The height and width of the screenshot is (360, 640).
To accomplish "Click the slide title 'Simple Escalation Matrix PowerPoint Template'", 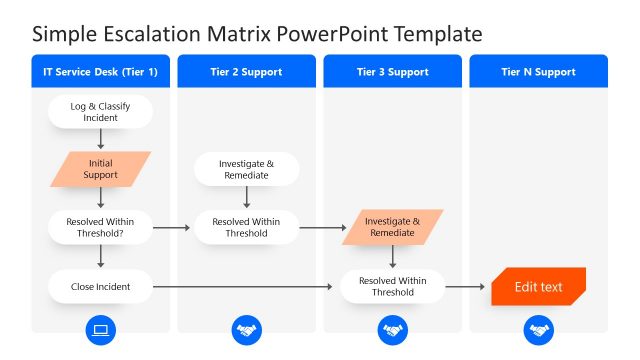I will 257,33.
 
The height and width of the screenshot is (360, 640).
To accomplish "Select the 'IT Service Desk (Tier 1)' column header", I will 101,72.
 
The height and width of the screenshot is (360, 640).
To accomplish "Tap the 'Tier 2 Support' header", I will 246,72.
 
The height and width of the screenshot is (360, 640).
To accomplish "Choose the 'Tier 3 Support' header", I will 392,72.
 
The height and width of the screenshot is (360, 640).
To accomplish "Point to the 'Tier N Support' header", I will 538,72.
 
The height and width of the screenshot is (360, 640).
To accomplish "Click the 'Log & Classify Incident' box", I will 101,112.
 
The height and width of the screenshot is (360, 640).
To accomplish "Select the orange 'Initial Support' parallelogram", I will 101,169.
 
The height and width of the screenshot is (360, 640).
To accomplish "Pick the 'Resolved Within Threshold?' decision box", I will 101,227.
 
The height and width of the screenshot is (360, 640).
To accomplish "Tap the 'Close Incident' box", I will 101,287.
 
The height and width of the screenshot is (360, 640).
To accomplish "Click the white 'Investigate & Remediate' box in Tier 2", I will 246,169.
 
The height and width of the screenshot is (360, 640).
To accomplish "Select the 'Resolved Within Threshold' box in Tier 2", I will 246,227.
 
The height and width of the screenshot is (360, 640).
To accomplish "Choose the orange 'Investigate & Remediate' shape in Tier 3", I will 392,227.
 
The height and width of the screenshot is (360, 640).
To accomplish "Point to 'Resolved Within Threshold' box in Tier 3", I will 392,287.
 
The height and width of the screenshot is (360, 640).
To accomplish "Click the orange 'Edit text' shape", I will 538,287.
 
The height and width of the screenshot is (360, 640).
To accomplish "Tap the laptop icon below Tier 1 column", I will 101,330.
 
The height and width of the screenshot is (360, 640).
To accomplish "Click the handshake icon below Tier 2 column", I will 246,330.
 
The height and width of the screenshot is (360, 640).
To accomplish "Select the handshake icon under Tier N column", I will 538,330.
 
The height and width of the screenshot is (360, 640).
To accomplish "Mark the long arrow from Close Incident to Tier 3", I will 245,287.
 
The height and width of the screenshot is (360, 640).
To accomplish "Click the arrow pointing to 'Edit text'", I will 466,287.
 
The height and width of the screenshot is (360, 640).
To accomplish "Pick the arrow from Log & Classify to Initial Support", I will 101,140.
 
